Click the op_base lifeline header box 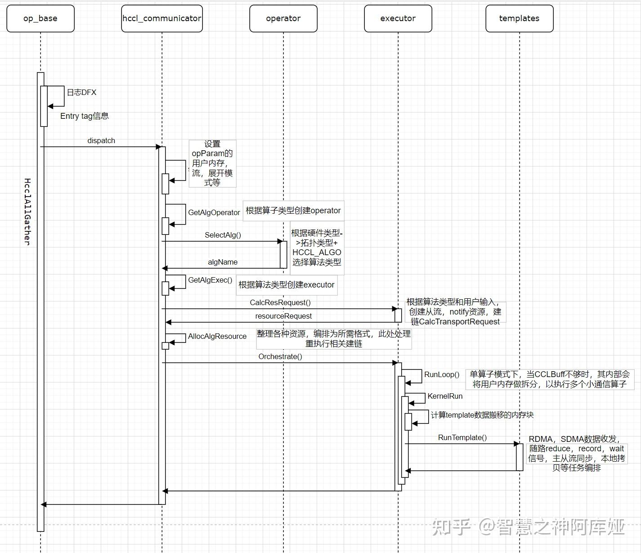click(x=40, y=18)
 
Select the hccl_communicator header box click(x=162, y=18)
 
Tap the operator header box click(x=283, y=18)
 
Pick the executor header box click(x=398, y=18)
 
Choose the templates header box click(x=520, y=18)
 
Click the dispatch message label click(x=101, y=141)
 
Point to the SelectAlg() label click(x=223, y=235)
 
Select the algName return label click(x=223, y=262)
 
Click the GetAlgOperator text click(x=214, y=212)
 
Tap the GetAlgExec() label click(x=210, y=280)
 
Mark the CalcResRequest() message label click(x=280, y=302)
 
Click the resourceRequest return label click(x=283, y=316)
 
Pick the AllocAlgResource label click(x=217, y=336)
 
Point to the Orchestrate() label click(x=280, y=356)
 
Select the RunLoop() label click(x=442, y=374)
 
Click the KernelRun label click(x=445, y=396)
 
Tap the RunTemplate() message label click(x=462, y=437)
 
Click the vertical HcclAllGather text click(x=27, y=211)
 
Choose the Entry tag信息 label click(x=85, y=116)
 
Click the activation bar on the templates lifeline click(x=520, y=457)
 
